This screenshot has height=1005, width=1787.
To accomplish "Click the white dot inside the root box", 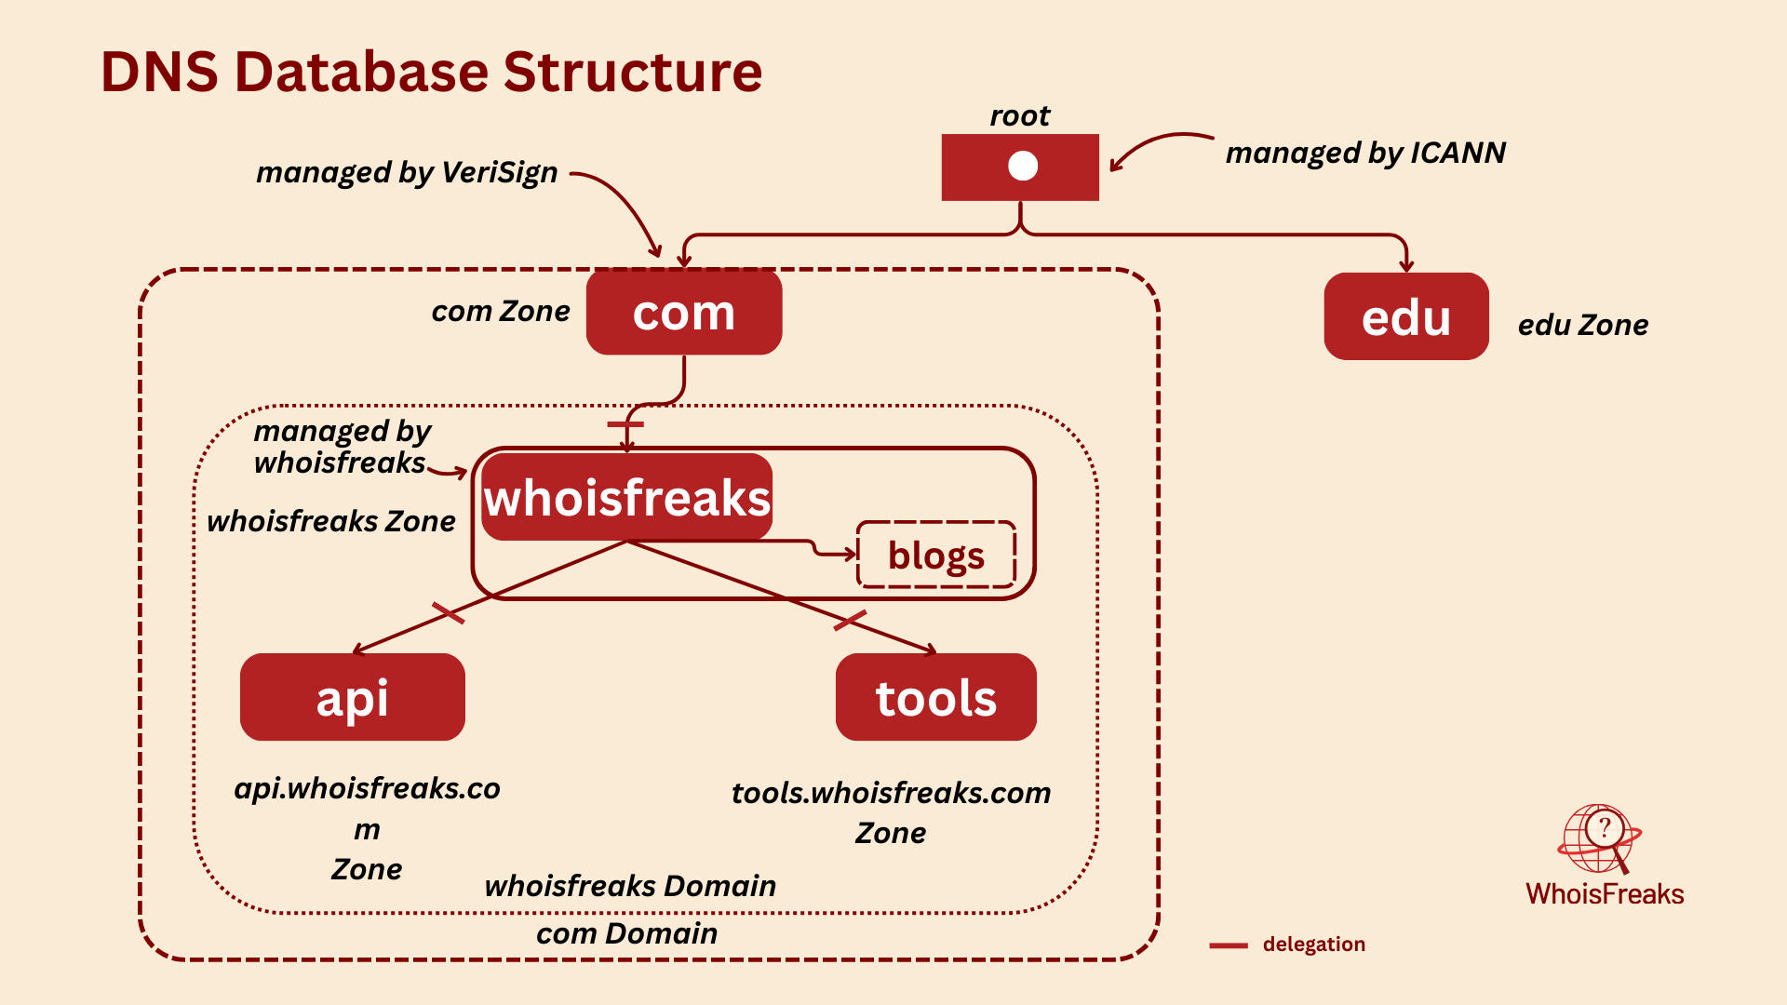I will [x=1022, y=166].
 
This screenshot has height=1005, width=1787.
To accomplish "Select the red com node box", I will [x=684, y=313].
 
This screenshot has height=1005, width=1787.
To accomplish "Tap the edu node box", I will [x=1405, y=317].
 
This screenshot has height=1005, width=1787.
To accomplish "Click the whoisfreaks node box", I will [x=626, y=498].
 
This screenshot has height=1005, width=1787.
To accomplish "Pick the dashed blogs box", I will [x=935, y=556].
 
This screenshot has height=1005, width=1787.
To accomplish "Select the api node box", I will [x=352, y=698].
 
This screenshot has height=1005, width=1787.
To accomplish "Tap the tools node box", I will [x=935, y=698].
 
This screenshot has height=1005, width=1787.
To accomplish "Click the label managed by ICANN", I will [x=1364, y=153].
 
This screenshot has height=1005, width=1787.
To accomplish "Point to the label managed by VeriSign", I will [x=407, y=172].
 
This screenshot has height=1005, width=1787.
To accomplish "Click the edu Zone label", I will [x=1582, y=325].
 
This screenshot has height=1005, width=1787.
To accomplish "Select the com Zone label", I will [x=500, y=311].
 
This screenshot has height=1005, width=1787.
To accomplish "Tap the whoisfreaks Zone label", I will [x=330, y=521].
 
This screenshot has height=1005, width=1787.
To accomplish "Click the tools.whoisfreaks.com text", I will [x=891, y=793].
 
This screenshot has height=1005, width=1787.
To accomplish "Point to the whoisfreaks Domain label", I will [x=630, y=886].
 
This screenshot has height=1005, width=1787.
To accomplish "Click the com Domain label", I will [x=626, y=933].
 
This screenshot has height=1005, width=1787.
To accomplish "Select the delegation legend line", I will [x=1228, y=945].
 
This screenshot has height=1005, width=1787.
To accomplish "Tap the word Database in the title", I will [x=361, y=73].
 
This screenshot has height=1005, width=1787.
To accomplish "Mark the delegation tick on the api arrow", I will [x=448, y=612].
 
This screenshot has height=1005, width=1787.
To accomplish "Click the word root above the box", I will [x=1020, y=115].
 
